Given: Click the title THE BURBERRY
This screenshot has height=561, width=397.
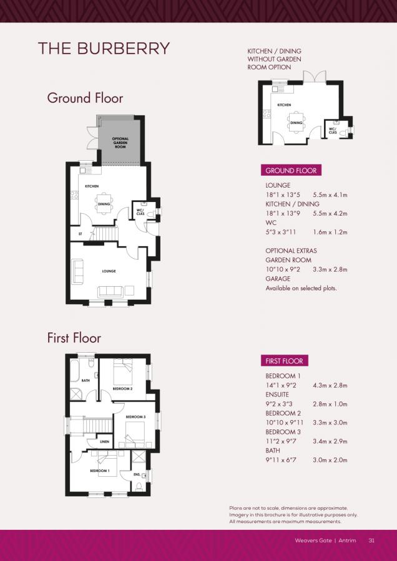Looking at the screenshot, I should pos(104,49).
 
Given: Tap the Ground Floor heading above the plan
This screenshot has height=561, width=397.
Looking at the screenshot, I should pos(85,98).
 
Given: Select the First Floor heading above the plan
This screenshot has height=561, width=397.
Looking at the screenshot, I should pos(74,338).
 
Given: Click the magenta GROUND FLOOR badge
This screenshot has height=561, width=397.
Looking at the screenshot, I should pos(291,171).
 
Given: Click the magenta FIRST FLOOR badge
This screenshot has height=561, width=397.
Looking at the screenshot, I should pos(284,362).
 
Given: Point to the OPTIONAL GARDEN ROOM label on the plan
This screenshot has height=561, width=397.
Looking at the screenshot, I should pos(120,143).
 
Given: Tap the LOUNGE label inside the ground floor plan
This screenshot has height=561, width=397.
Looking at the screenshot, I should pos(109,271).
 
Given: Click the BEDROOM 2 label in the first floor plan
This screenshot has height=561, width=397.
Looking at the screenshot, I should pos(122,389).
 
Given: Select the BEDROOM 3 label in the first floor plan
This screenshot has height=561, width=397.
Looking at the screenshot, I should pos(135,416).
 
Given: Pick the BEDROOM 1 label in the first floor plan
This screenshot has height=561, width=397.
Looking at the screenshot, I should pos(99,471).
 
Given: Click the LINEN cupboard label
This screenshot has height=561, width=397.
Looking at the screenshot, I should pos(105,442).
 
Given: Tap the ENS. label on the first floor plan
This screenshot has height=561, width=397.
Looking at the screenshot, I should pos(137,474).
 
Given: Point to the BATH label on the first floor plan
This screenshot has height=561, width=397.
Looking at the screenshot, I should pos(86,380).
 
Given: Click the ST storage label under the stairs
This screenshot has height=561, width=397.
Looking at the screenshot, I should pos(80,234).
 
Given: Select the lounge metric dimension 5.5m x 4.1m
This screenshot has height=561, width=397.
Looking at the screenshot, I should pos(330,195).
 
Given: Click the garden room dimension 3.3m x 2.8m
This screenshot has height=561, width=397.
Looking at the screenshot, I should pos(330,269).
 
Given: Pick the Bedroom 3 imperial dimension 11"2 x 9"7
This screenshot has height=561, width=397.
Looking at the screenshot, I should pos(283,441).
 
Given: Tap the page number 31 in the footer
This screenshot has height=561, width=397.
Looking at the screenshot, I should pos(371,540).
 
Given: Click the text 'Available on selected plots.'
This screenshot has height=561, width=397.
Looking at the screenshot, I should pos(301,289).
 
